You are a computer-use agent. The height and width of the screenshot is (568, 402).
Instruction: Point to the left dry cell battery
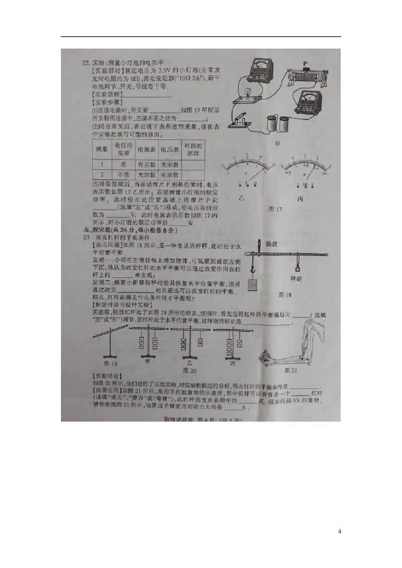pyautogui.click(x=272, y=123)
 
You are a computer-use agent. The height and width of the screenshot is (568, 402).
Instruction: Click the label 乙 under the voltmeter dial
pyautogui.click(x=241, y=199)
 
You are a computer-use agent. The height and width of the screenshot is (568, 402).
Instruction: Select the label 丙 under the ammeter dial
pyautogui.click(x=300, y=199)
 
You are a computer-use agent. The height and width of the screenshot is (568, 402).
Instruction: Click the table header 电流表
pyautogui.click(x=147, y=150)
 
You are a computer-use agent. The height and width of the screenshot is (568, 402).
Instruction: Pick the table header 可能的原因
pyautogui.click(x=193, y=149)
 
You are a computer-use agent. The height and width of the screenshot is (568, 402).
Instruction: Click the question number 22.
pyautogui.click(x=86, y=63)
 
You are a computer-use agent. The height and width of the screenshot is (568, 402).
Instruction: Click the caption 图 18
pyautogui.click(x=284, y=295)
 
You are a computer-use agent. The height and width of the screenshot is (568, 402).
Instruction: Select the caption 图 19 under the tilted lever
pyautogui.click(x=110, y=363)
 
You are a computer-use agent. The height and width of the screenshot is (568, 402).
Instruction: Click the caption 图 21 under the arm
pyautogui.click(x=291, y=370)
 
